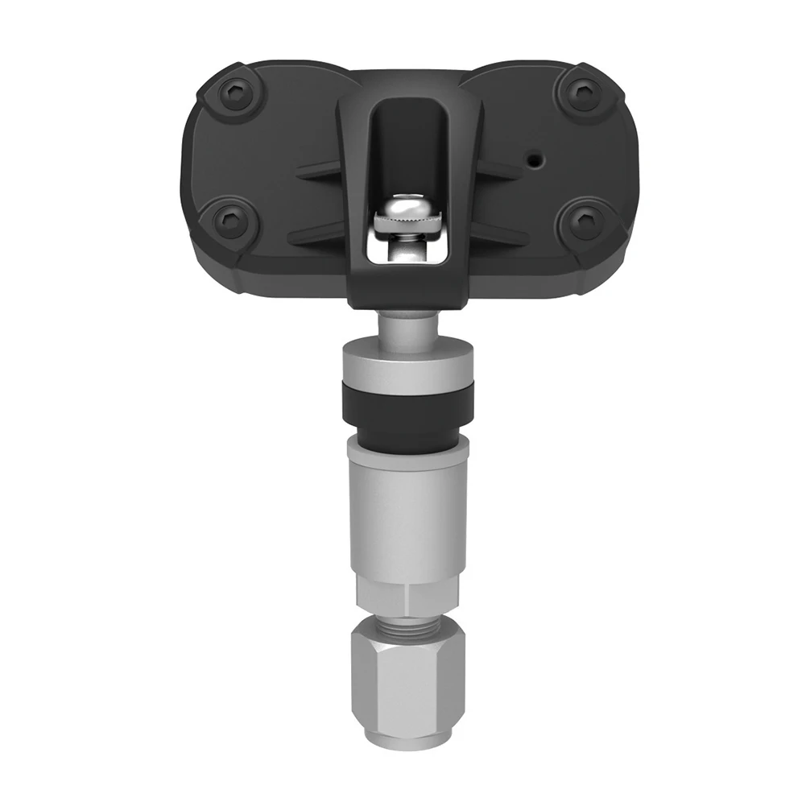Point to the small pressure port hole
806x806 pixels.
coord(533,159)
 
